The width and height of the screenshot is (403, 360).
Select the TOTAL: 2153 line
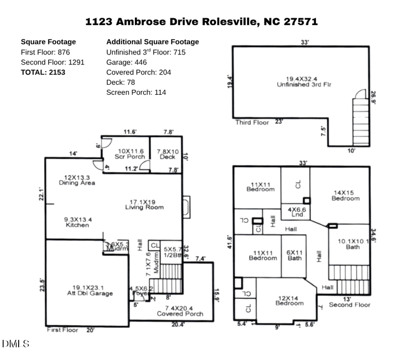coord(43,72)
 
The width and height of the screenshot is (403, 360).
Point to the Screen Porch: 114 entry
coord(136,92)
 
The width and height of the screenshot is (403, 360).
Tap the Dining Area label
coord(77,180)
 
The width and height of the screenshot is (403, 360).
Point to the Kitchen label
coord(77,222)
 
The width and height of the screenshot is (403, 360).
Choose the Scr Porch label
coord(129,154)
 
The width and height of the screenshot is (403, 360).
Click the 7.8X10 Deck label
coord(168,154)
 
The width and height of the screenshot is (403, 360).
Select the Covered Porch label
coord(180,311)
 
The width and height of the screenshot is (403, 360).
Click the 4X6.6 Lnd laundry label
coord(296,212)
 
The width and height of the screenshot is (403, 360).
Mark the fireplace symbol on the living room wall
coord(186,207)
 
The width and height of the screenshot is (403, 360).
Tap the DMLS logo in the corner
coord(16,344)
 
